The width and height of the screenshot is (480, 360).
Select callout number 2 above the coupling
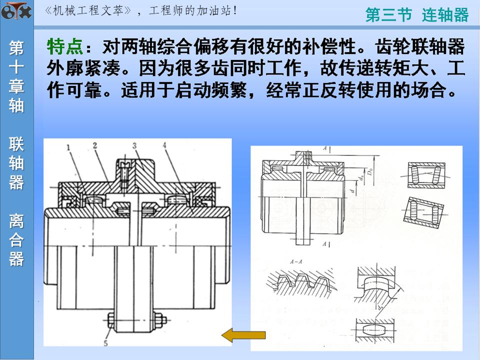[94, 145]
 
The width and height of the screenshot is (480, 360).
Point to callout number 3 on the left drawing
[135, 145]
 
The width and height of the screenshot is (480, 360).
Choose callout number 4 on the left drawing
[164, 145]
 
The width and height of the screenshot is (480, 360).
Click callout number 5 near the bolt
[106, 342]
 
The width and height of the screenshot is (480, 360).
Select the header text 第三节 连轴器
[417, 15]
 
